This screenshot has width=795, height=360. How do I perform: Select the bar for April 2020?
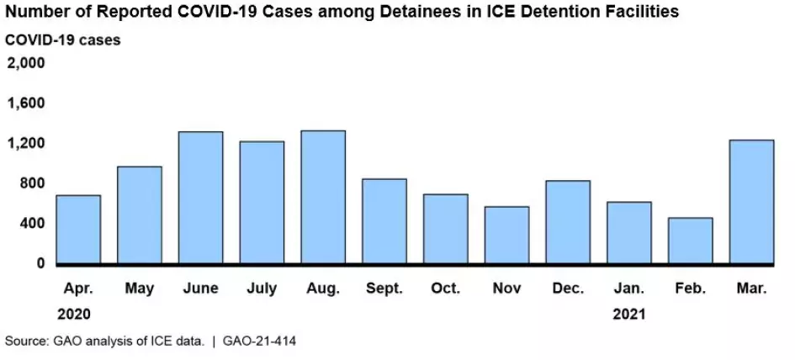pos(78,230)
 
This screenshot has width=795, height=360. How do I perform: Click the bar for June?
pos(201,198)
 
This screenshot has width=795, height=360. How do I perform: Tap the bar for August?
pos(323,197)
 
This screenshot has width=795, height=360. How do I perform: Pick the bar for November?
pos(506,235)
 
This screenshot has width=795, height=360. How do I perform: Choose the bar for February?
pos(690,241)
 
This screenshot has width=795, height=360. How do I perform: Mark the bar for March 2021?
pos(751,202)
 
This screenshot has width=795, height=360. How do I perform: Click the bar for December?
pos(568,222)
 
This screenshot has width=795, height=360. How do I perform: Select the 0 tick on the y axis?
pos(40,263)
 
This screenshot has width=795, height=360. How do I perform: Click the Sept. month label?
pos(384,289)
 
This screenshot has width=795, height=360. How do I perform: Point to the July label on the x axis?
pos(262,289)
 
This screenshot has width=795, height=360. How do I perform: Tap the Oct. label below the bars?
pos(445,289)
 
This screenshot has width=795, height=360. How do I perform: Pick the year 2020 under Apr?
pos(77,314)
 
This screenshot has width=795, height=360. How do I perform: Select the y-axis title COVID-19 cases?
pos(62,40)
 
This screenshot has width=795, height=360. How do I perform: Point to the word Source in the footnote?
pos(24,341)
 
